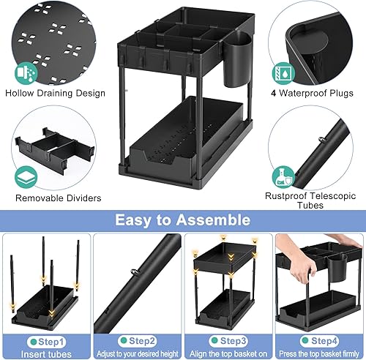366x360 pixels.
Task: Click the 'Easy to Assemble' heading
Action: click(x=183, y=220)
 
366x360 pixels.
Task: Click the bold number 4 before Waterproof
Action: click(x=272, y=93)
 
